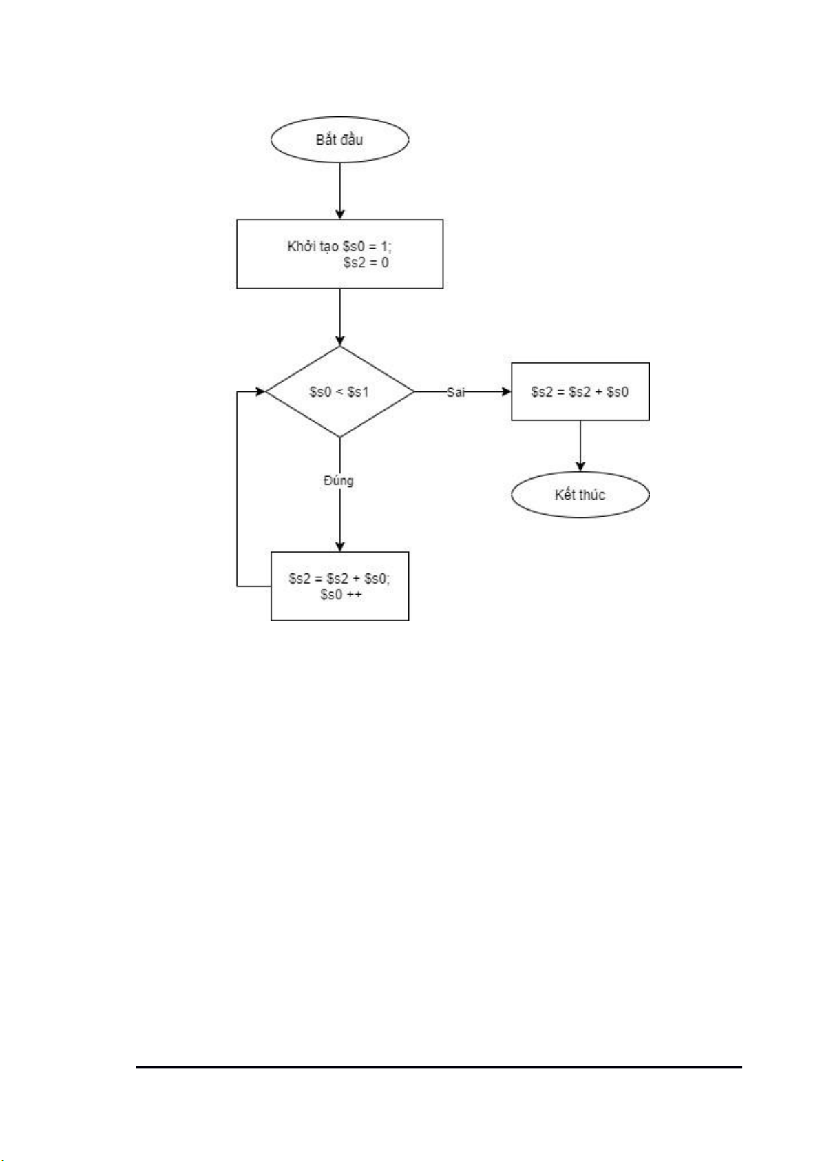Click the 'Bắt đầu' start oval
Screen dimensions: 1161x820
tap(339, 140)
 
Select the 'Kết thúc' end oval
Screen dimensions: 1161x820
tap(580, 495)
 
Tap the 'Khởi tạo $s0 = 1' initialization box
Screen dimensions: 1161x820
tap(339, 254)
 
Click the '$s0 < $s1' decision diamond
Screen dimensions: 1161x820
tap(339, 391)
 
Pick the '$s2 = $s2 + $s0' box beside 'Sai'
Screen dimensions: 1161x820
tap(580, 391)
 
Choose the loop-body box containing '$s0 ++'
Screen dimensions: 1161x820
tap(339, 586)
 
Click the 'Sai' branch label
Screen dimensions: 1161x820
tap(455, 392)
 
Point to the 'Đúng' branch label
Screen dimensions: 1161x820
tap(339, 480)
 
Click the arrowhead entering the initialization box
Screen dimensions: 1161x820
tap(339, 214)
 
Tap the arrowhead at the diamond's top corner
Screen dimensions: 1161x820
tap(339, 340)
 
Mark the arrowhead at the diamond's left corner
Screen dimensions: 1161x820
tap(260, 391)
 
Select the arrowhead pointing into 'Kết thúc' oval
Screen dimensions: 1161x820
tap(580, 466)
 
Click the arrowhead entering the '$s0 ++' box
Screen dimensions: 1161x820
tap(339, 546)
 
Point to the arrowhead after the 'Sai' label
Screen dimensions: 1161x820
tap(506, 391)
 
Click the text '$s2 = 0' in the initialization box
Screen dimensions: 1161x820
tap(366, 263)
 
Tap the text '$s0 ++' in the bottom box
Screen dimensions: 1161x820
tap(340, 595)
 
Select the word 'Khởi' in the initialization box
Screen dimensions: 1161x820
tap(300, 246)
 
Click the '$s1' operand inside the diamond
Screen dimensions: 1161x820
tap(357, 391)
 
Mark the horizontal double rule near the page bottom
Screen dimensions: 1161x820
tap(439, 1067)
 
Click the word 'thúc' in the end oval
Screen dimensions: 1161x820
tap(591, 495)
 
